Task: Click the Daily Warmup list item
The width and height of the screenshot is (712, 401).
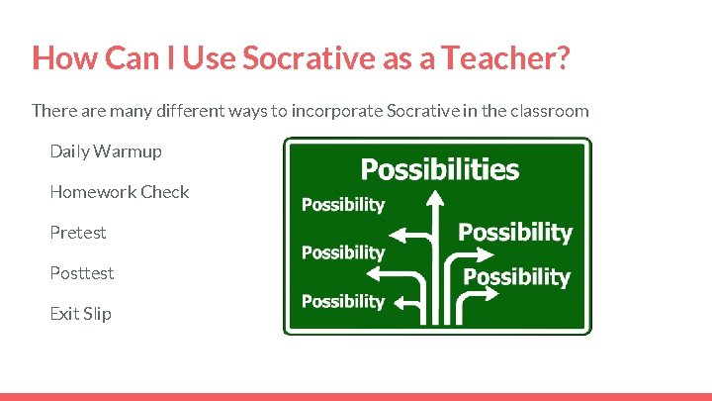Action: [x=106, y=151]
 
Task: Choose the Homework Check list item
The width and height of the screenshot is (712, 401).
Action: [x=120, y=192]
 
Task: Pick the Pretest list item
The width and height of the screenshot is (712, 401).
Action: [x=78, y=233]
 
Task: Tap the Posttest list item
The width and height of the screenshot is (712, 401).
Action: [x=82, y=273]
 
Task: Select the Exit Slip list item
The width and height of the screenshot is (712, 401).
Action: [x=81, y=314]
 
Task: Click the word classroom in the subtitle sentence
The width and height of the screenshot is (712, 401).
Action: [x=548, y=110]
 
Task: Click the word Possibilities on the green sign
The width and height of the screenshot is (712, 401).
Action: [x=439, y=169]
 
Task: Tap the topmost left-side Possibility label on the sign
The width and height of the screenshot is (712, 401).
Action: [x=342, y=205]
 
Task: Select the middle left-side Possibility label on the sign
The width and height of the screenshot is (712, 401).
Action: [x=342, y=252]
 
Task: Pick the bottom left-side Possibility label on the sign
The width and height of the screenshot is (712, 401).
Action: [x=342, y=301]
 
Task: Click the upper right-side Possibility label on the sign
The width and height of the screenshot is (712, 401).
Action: [x=514, y=233]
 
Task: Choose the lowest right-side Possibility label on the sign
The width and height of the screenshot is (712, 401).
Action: [x=517, y=277]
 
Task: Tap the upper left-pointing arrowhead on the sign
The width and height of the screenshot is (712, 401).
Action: [x=400, y=236]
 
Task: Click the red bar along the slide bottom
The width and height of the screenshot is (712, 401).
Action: [x=356, y=397]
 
